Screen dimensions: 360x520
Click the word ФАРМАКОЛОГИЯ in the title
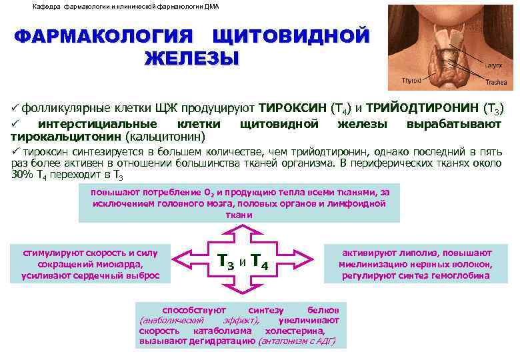(103, 36)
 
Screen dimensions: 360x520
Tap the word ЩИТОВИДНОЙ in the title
(289, 36)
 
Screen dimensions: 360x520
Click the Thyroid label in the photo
(411, 80)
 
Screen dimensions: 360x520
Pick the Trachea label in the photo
(496, 83)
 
